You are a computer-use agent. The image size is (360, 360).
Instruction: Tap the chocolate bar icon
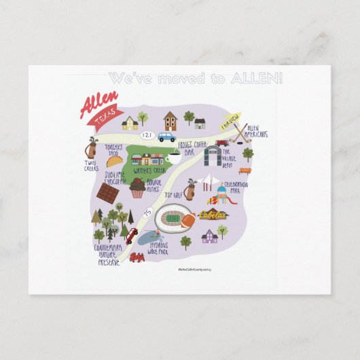point(107,192)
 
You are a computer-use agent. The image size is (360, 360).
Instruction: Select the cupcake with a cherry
point(138,188)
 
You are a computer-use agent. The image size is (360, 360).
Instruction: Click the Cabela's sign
point(213,214)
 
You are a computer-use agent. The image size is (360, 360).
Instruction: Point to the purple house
point(209,235)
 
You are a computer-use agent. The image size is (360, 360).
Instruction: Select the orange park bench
point(244,170)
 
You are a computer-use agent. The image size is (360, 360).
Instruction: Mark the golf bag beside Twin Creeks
point(92,148)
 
